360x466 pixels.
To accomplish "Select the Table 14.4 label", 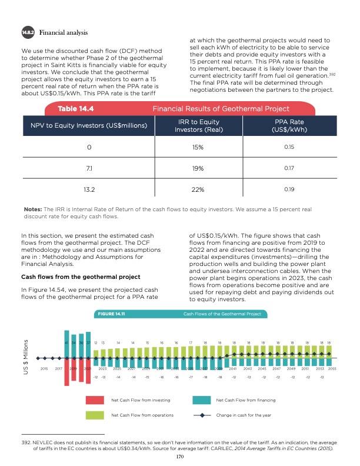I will click(76, 109).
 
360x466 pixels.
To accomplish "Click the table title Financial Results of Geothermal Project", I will click(221, 109).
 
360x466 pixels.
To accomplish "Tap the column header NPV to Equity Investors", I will click(85, 125).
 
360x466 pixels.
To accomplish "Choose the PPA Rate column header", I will click(286, 125).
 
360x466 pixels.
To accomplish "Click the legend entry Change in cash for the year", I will click(243, 415).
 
